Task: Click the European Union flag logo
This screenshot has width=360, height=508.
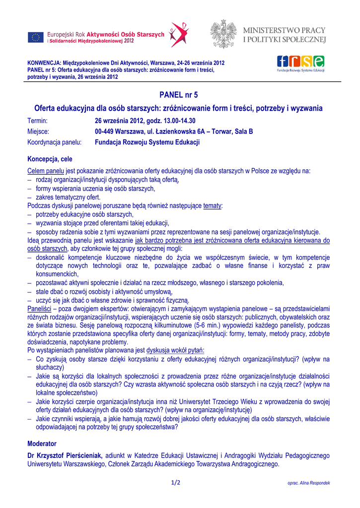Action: tap(36, 37)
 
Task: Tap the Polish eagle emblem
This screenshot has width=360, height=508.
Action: tap(222, 34)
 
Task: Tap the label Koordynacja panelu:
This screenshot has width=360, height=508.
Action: tap(54, 142)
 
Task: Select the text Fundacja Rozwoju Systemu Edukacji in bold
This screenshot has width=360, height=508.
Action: tap(147, 142)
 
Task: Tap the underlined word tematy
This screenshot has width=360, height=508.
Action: tap(213, 205)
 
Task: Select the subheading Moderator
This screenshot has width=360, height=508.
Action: tap(42, 444)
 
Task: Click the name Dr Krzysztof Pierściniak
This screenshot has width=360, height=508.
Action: tap(65, 456)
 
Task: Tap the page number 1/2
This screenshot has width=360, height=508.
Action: tap(176, 483)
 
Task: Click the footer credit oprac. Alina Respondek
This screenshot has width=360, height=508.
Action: tap(308, 483)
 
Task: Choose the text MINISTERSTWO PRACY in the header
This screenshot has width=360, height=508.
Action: tap(284, 30)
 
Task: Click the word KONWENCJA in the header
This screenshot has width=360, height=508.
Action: tap(43, 63)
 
